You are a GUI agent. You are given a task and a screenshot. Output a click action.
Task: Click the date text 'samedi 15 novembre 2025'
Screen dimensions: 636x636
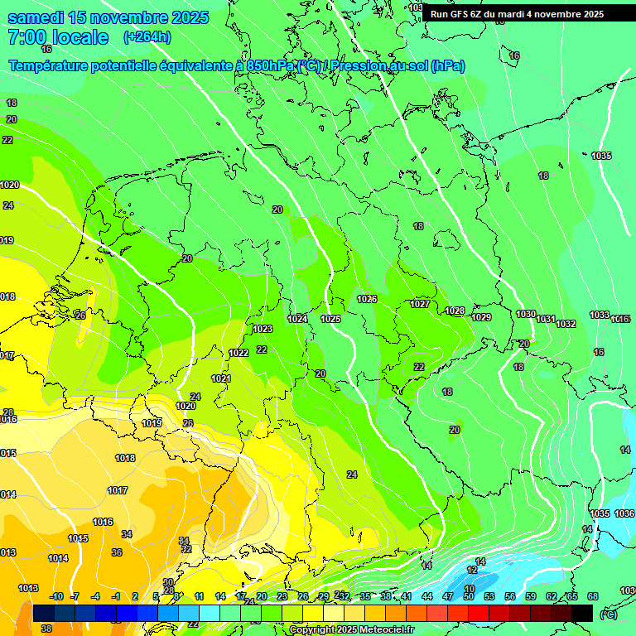click(x=108, y=17)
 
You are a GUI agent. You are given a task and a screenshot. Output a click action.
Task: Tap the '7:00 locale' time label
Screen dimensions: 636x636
click(x=58, y=37)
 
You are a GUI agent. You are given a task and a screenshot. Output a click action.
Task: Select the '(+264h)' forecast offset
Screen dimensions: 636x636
click(x=147, y=37)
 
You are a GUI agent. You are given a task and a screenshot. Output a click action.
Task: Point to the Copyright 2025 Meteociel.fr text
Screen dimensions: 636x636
click(x=353, y=630)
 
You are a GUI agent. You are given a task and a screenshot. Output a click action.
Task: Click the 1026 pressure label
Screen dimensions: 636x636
click(x=367, y=299)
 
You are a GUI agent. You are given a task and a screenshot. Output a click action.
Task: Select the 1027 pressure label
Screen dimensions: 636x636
click(x=420, y=304)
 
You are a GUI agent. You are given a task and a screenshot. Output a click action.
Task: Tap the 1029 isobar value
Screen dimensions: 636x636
click(x=481, y=317)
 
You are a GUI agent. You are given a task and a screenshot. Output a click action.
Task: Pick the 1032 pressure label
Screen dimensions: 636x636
click(x=566, y=324)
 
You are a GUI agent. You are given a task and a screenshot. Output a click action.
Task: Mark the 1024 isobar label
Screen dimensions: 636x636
click(x=297, y=319)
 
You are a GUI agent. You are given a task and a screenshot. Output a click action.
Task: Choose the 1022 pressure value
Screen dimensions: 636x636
click(x=238, y=353)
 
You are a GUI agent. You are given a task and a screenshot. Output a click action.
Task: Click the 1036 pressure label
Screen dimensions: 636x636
click(x=624, y=513)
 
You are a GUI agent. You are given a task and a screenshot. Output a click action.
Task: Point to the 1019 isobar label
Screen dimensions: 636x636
click(x=152, y=423)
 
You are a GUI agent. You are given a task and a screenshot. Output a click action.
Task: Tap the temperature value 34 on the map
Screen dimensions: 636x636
click(x=127, y=534)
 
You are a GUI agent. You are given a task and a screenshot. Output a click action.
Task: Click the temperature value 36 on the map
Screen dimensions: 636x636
click(x=117, y=552)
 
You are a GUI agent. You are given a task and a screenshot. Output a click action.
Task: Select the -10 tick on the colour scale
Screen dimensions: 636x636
click(x=56, y=596)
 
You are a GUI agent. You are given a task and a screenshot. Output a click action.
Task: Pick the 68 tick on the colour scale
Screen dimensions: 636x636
click(x=592, y=596)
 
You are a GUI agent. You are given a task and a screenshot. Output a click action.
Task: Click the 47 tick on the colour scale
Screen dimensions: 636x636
click(x=447, y=596)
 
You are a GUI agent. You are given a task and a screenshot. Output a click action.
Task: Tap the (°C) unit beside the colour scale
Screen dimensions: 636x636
click(x=609, y=614)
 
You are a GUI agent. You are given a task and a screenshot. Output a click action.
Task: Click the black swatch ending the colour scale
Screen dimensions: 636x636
click(x=582, y=613)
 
